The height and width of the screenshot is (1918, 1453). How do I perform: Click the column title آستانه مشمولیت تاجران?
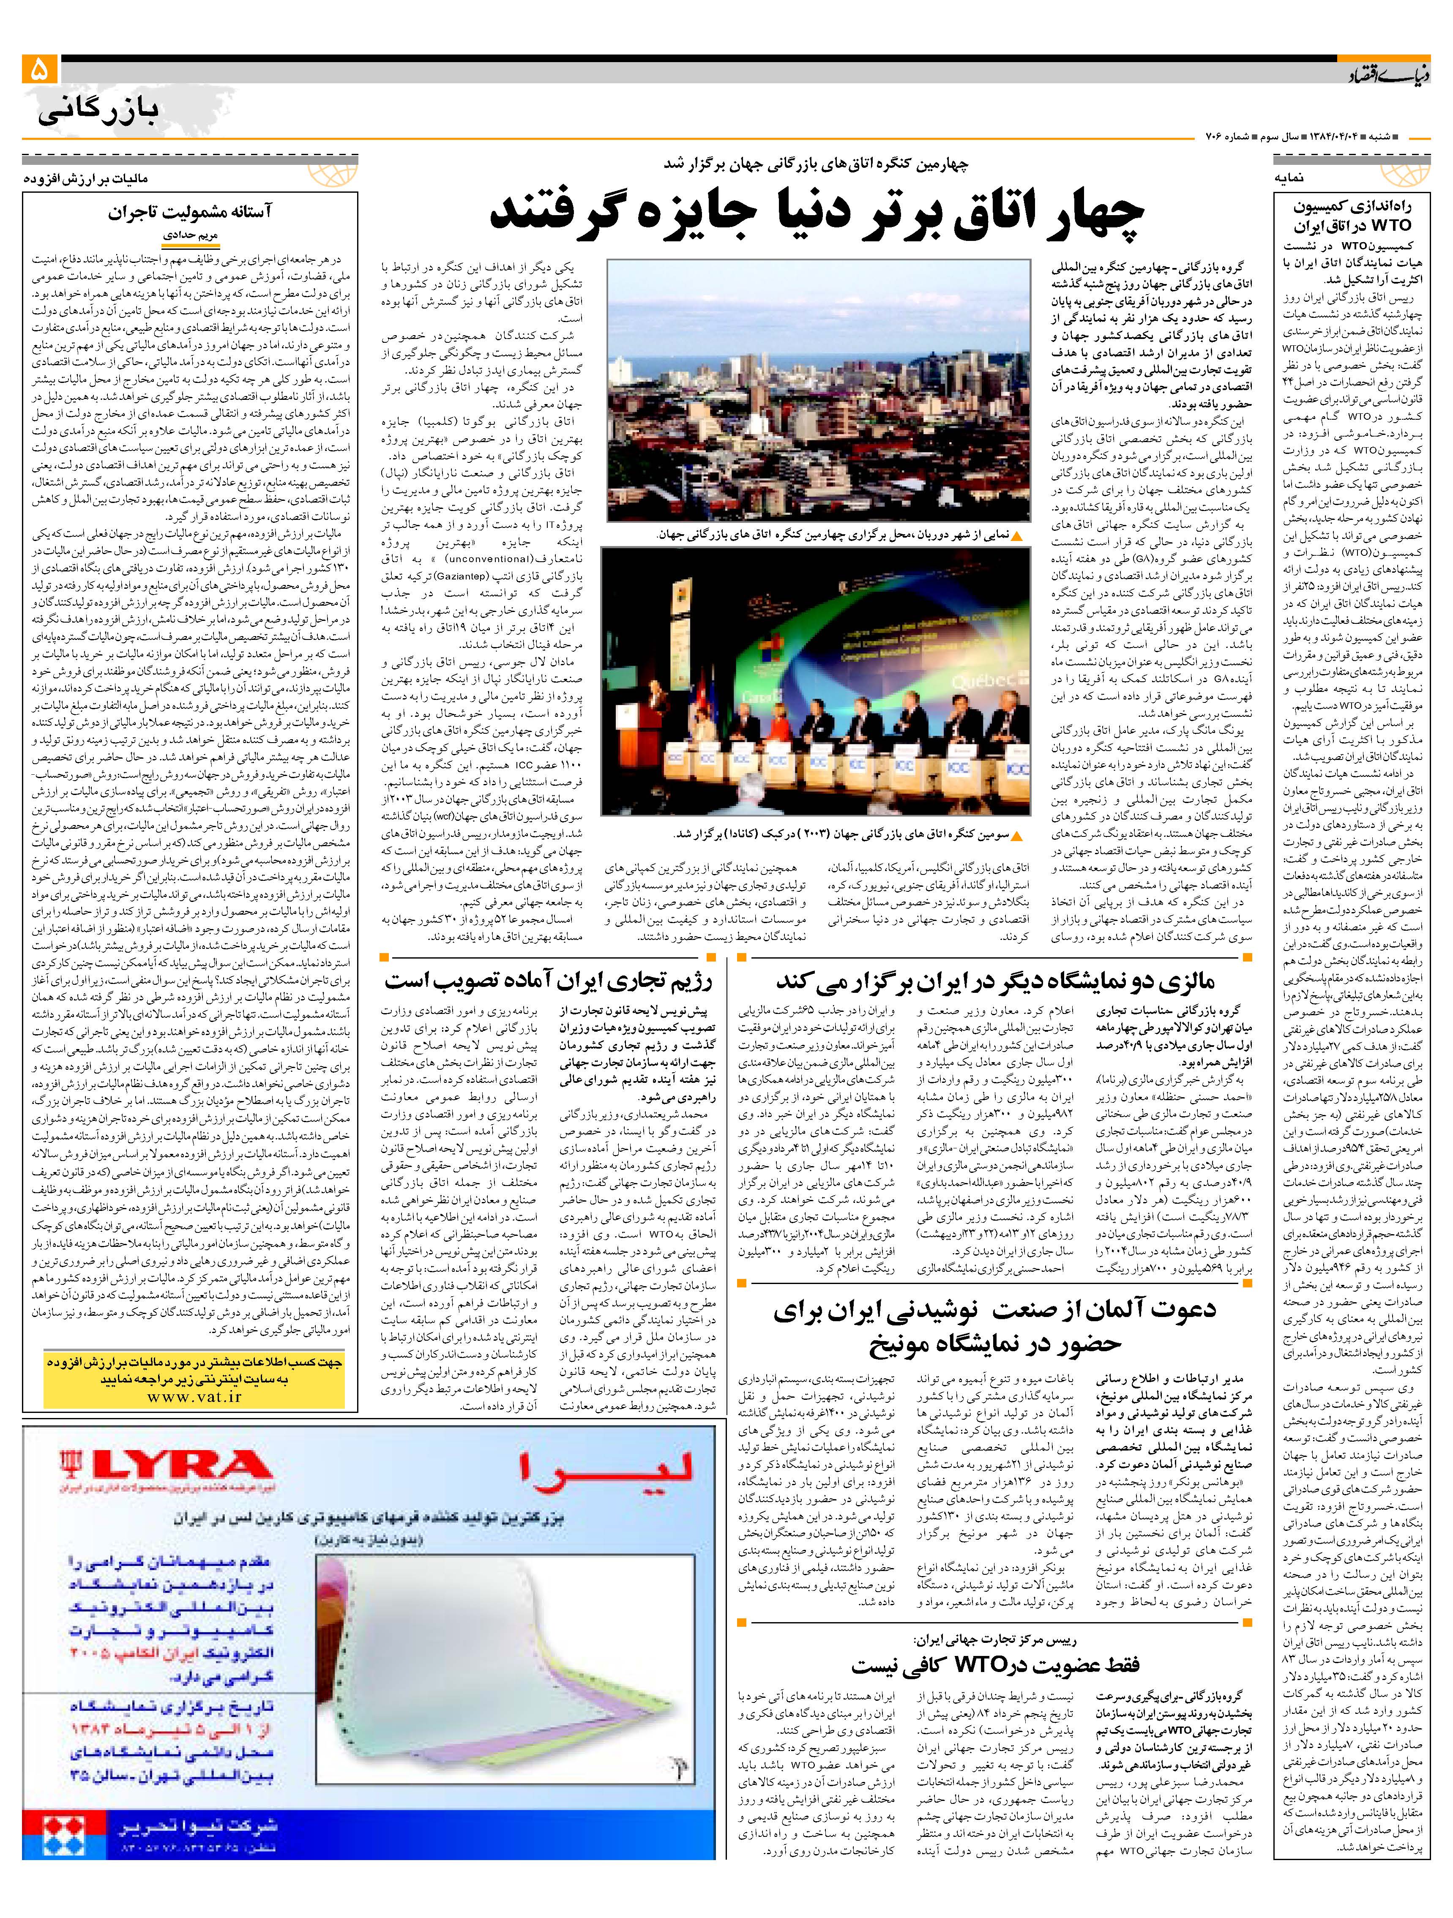190,213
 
